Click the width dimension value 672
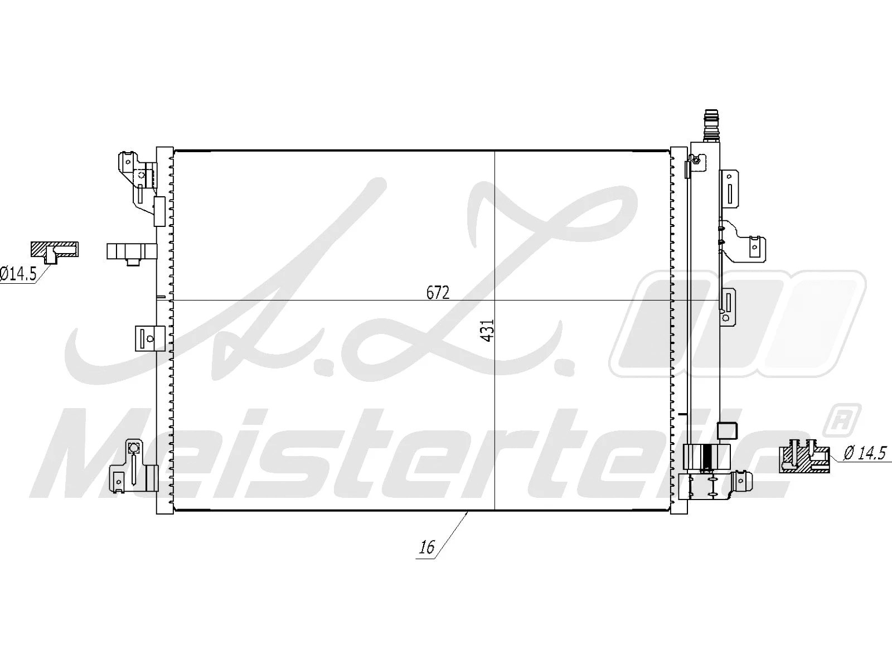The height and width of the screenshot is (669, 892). (438, 293)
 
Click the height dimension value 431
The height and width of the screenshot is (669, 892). (487, 330)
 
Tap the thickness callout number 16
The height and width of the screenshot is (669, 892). (427, 547)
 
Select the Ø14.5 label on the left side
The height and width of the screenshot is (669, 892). (18, 274)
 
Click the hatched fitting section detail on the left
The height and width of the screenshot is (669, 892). (54, 251)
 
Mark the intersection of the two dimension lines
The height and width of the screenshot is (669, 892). (495, 301)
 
